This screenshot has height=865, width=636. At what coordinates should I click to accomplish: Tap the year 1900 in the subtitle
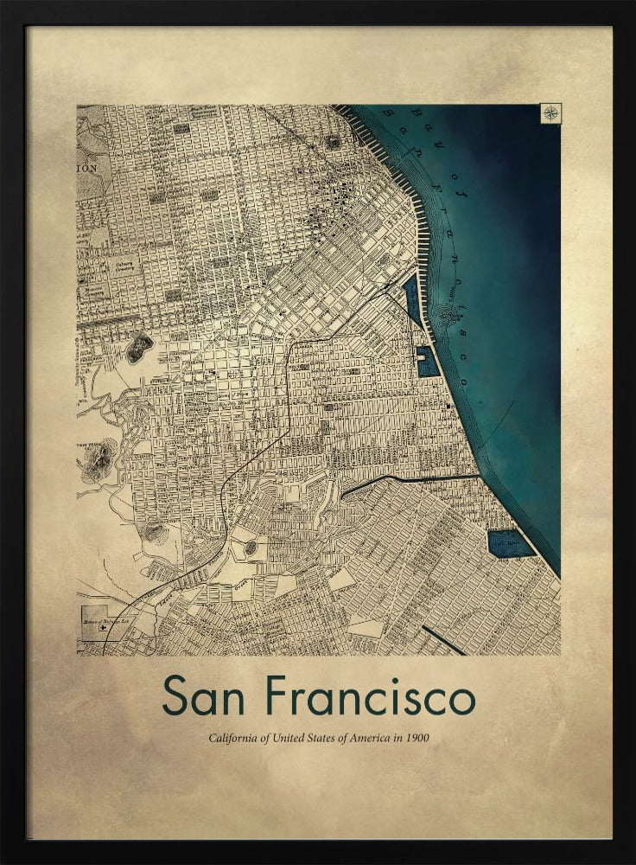coord(417,739)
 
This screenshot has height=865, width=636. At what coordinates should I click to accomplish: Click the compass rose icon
coord(550,113)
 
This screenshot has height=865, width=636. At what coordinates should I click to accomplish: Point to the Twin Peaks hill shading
coord(99,459)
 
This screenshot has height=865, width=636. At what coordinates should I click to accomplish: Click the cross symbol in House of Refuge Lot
coord(104,629)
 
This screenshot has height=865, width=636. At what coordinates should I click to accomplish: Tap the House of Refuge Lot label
coord(102,619)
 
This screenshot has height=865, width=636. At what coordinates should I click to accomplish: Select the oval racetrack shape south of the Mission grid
coord(250,548)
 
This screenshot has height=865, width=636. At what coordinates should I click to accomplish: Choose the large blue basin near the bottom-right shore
coord(510,543)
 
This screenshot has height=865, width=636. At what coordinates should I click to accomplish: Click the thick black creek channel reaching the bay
coord(410,478)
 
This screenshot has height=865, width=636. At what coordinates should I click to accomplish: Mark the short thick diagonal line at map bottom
coord(443,640)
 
